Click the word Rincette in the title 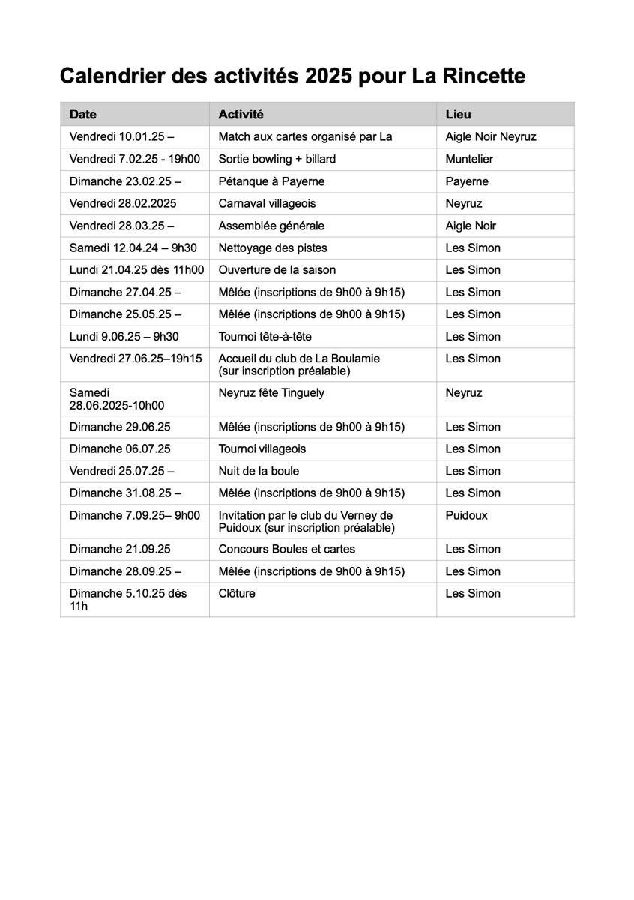(484, 76)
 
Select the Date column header (83, 115)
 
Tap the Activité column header (241, 115)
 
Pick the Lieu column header (458, 115)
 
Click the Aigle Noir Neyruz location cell (490, 137)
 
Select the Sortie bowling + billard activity (277, 159)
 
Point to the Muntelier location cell (469, 159)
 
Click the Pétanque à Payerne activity (271, 181)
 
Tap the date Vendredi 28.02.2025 (123, 203)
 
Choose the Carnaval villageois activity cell (267, 203)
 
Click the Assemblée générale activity (271, 226)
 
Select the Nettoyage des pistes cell (273, 247)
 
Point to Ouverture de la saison (277, 270)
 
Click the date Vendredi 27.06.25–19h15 (136, 358)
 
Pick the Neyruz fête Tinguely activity (271, 392)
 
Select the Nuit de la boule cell (259, 471)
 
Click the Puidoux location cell (466, 515)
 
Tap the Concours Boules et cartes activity (286, 549)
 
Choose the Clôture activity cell (237, 593)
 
